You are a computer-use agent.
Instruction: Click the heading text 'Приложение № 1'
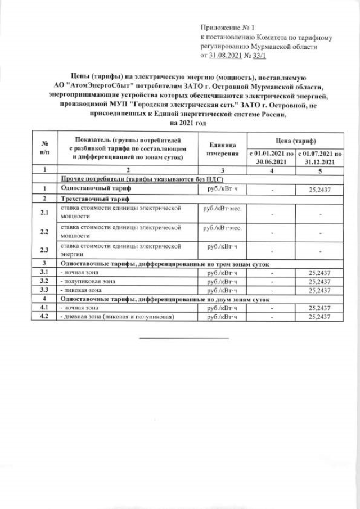pos(228,27)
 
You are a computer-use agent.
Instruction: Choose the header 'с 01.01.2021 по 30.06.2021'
pos(271,157)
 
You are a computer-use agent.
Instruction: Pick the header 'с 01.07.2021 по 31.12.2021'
pos(319,157)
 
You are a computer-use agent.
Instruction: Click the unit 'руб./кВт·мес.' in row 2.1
pos(224,208)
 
